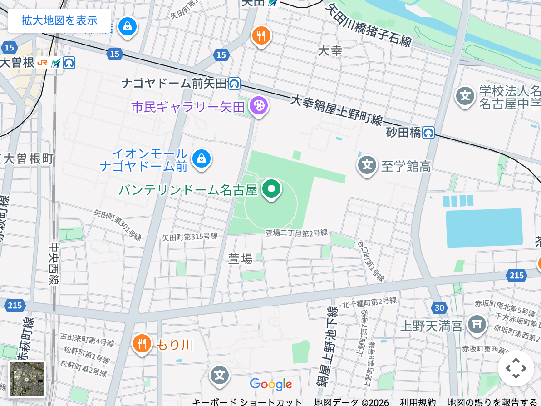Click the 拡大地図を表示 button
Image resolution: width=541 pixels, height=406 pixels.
tap(59, 20)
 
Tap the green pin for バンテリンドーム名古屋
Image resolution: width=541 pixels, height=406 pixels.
tap(271, 188)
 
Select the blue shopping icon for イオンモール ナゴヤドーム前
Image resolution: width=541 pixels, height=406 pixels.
tap(201, 159)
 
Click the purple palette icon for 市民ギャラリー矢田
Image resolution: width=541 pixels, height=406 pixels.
tap(259, 106)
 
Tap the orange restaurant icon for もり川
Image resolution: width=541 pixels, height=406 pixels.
tap(142, 343)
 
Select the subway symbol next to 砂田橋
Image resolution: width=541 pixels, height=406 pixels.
tap(428, 133)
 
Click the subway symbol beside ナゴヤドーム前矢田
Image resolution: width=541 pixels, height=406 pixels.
tap(234, 84)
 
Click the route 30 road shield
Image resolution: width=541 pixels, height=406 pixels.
tap(439, 308)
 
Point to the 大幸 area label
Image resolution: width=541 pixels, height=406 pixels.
tap(330, 50)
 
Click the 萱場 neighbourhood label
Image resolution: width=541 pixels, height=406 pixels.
tap(240, 259)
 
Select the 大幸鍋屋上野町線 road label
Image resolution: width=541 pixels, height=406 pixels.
tap(336, 110)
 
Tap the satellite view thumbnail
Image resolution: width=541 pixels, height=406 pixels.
tap(27, 379)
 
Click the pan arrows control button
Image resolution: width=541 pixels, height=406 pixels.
tap(516, 368)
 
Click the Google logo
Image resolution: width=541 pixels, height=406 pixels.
tap(271, 385)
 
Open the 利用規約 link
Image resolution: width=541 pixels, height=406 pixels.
tap(418, 402)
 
